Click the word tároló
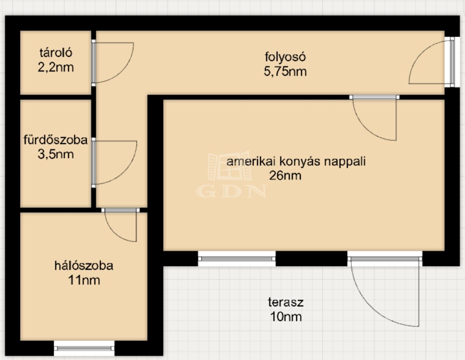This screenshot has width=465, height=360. [x=56, y=53]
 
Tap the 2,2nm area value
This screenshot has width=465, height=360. [x=56, y=67]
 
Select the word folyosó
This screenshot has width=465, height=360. [x=285, y=57]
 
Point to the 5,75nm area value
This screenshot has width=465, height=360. [x=285, y=71]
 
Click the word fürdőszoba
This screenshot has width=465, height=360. [x=56, y=140]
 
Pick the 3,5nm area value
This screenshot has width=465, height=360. [x=56, y=154]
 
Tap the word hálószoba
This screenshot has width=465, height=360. [x=84, y=266]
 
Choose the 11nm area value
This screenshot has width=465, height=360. [x=84, y=280]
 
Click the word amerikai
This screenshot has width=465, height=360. [x=251, y=161]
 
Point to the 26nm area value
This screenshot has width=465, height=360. [x=285, y=176]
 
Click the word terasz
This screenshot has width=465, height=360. [x=286, y=303]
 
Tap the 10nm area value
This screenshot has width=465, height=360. [x=286, y=317]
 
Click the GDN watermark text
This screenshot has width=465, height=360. [x=231, y=191]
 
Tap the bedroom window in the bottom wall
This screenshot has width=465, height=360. [x=84, y=348]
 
